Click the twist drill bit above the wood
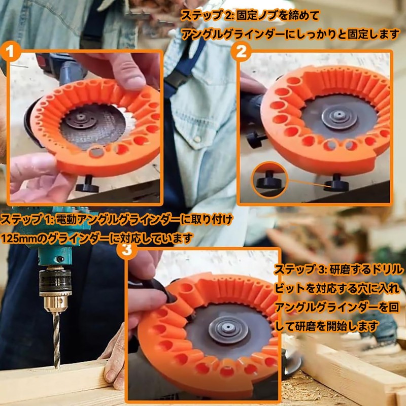tap(56, 335)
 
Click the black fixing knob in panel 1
tap(87, 184)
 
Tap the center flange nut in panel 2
tap(337, 116)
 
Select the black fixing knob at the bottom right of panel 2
tap(337, 183)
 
